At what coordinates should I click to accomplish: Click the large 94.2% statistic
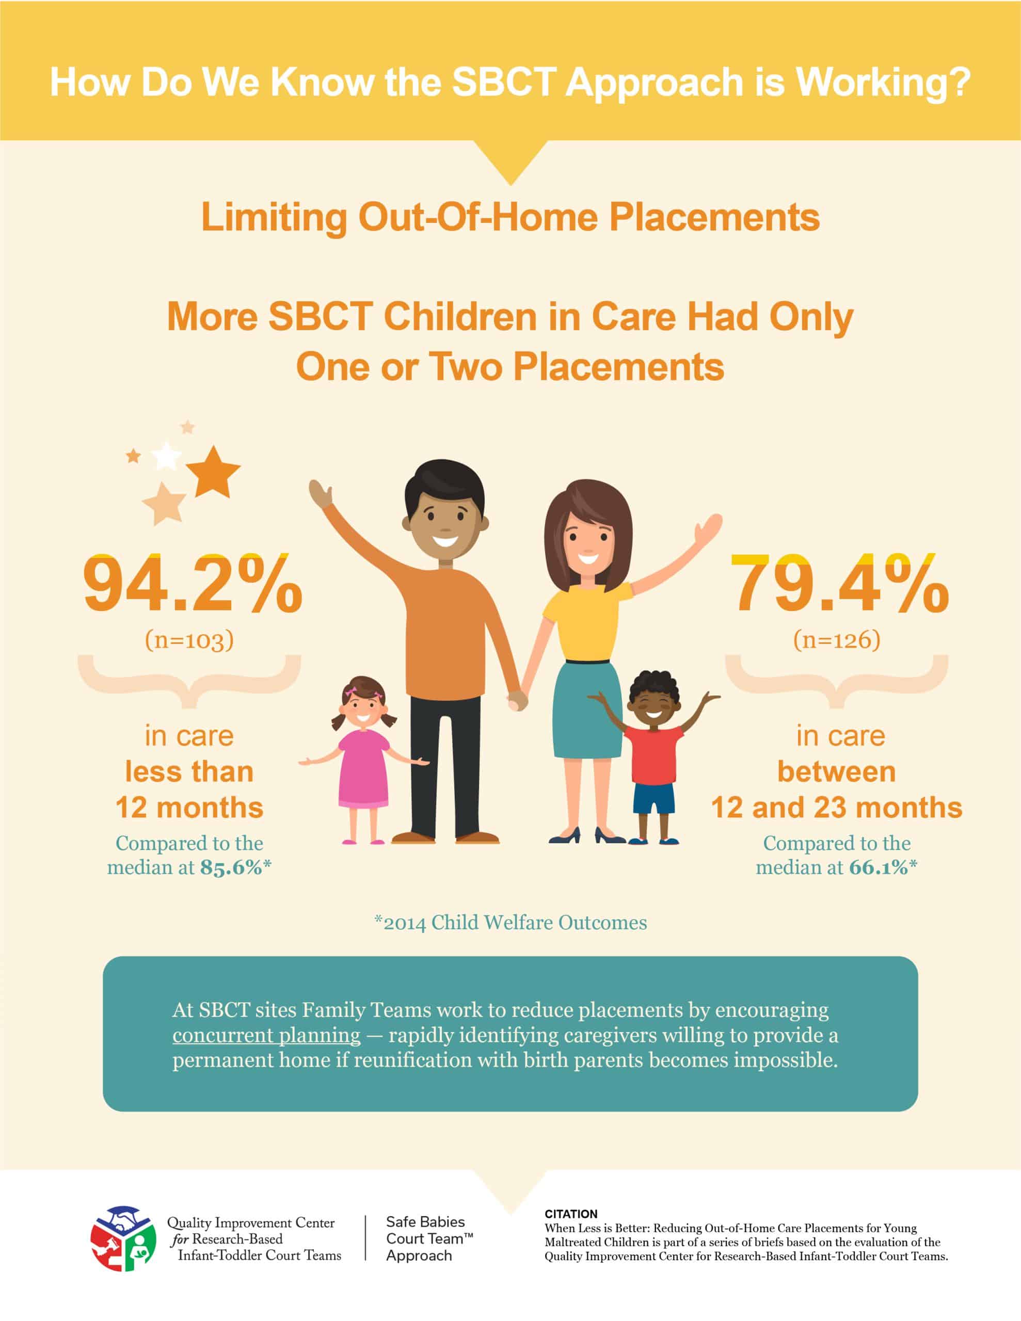pyautogui.click(x=193, y=584)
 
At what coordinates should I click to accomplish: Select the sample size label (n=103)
pyautogui.click(x=189, y=640)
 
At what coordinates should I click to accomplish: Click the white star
pyautogui.click(x=166, y=456)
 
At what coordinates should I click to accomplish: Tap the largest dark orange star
pyautogui.click(x=213, y=471)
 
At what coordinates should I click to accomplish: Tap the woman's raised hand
pyautogui.click(x=708, y=529)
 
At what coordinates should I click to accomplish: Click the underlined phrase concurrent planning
pyautogui.click(x=266, y=1035)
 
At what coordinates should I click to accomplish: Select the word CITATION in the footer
pyautogui.click(x=571, y=1213)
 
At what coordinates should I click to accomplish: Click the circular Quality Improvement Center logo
pyautogui.click(x=123, y=1239)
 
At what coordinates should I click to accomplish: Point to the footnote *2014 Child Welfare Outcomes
pyautogui.click(x=510, y=923)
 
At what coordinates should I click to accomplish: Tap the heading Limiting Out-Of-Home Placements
pyautogui.click(x=510, y=217)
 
